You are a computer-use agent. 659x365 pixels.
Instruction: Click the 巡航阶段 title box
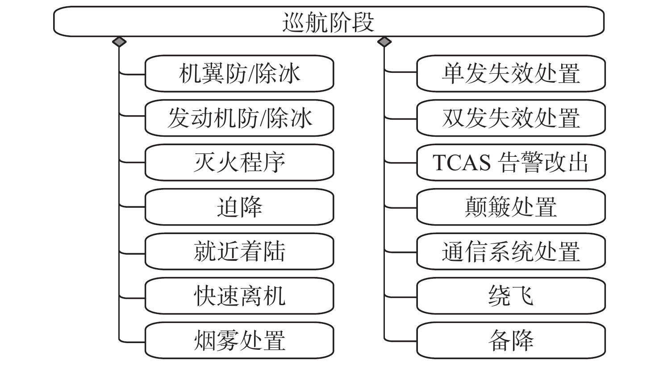point(329,21)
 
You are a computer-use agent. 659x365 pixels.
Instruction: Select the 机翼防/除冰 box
point(239,73)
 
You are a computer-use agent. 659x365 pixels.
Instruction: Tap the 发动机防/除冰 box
point(239,118)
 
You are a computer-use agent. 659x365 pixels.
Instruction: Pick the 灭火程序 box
point(239,162)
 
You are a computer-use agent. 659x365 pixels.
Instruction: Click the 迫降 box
point(239,207)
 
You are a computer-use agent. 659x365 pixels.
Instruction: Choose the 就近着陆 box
point(239,252)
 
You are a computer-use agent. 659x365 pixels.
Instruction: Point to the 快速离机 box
point(239,296)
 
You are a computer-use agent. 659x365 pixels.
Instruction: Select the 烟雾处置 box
point(239,340)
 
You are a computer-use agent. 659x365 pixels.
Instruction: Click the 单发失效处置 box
point(511,73)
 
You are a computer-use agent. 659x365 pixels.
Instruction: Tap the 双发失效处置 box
point(511,118)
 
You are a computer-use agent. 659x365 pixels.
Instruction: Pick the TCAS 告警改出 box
point(511,162)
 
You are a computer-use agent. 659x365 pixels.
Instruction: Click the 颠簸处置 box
point(511,207)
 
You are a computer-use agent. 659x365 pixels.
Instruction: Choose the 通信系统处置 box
point(511,252)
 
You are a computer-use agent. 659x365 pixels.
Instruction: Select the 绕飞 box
point(511,296)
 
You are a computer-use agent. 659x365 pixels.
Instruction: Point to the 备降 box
point(511,340)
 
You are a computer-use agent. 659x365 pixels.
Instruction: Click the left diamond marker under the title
point(119,42)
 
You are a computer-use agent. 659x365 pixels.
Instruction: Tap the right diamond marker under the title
point(384,42)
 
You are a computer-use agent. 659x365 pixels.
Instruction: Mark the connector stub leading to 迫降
point(132,207)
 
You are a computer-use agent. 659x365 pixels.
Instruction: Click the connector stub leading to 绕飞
point(400,296)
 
